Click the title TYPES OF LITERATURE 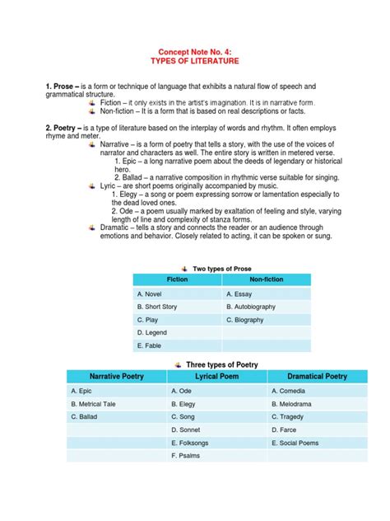pos(195,61)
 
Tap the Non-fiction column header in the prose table pos(267,280)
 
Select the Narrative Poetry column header pos(116,376)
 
